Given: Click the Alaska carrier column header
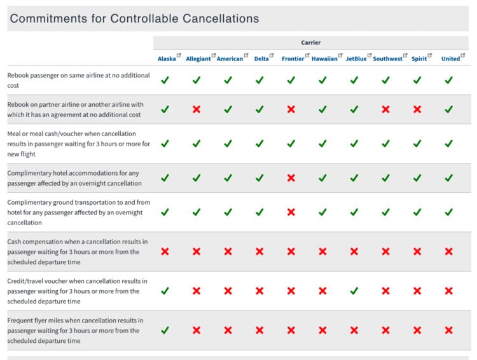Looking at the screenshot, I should tap(167, 59).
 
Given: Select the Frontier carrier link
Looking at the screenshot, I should tap(293, 59).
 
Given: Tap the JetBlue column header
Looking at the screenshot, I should tap(356, 59).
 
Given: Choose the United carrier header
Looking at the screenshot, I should tap(450, 59).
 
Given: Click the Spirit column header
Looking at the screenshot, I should tap(419, 59).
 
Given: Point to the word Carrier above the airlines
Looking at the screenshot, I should tap(311, 43).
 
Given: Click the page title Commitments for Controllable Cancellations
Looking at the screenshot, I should tap(134, 18).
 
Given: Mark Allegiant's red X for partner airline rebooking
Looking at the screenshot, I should tap(197, 109).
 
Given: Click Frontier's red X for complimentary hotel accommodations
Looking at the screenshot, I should tap(291, 178).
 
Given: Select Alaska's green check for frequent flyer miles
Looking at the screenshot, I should tap(165, 330).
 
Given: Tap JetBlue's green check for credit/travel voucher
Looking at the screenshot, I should tap(354, 291).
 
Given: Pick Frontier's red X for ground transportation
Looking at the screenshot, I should tap(291, 212).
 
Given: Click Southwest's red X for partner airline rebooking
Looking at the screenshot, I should tap(385, 109).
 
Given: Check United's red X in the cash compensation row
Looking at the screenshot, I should tap(449, 251).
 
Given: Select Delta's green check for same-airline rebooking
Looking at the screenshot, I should tap(259, 80).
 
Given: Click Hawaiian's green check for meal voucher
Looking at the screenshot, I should tap(322, 144).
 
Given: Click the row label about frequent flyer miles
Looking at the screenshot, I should tap(76, 330).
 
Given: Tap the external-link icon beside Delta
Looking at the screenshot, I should tap(272, 56).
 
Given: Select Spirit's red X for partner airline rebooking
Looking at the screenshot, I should tap(417, 109).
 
